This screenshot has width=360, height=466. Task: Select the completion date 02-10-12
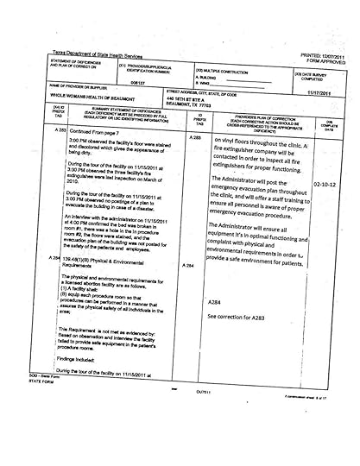pos(325,184)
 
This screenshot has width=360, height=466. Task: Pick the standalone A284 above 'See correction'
pos(215,303)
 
